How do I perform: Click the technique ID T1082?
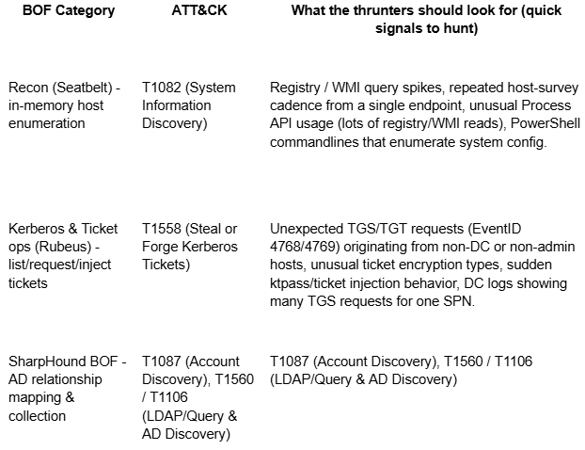[x=162, y=88]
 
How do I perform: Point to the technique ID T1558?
[x=162, y=229]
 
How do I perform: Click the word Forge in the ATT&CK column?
[x=162, y=247]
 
